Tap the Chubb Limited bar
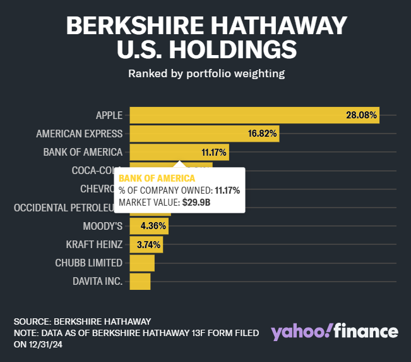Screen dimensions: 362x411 click(x=142, y=263)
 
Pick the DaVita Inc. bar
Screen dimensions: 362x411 click(x=140, y=281)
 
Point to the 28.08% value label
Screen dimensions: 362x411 click(x=361, y=115)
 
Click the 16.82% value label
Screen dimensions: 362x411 click(x=261, y=134)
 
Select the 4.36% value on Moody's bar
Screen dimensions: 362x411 click(x=153, y=226)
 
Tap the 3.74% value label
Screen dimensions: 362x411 click(x=149, y=244)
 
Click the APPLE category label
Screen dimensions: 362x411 click(x=109, y=115)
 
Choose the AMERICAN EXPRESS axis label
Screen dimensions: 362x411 click(x=80, y=134)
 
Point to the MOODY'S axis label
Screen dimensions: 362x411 click(x=102, y=226)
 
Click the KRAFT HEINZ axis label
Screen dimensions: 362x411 click(x=94, y=244)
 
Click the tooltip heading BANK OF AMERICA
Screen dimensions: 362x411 click(x=157, y=178)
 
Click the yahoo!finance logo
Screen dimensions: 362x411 click(x=335, y=332)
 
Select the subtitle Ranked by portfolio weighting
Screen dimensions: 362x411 click(x=206, y=73)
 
